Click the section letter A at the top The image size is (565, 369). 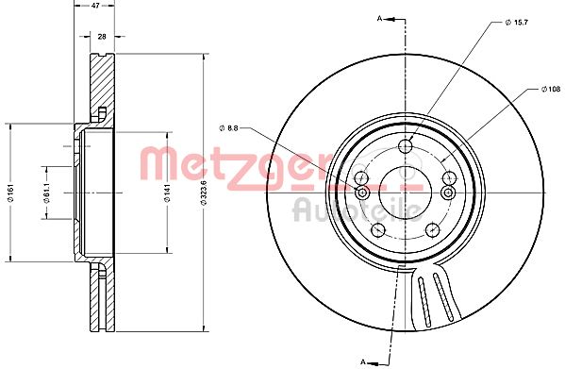[x=380, y=18]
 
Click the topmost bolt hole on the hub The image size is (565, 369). [x=407, y=145]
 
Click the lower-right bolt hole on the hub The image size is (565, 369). [x=433, y=228]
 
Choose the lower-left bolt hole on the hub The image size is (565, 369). [x=378, y=228]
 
